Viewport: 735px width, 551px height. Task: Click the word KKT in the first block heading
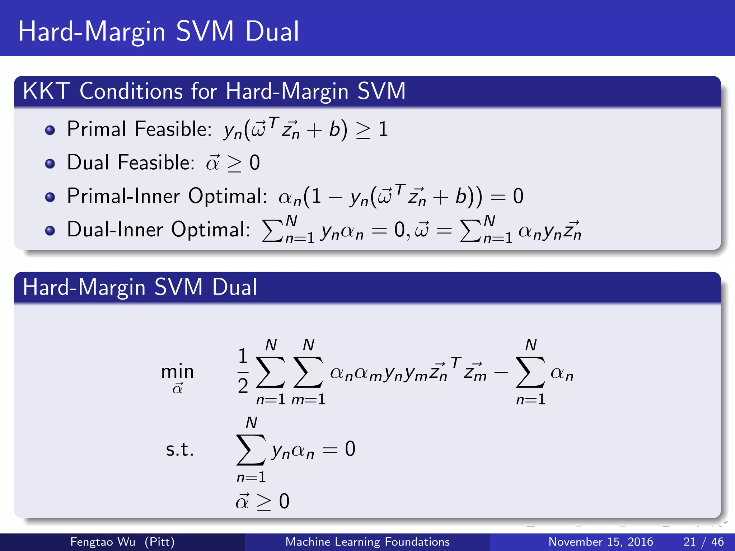[x=46, y=91]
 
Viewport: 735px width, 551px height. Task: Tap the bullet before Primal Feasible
[x=50, y=130]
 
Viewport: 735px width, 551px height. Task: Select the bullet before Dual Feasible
[x=50, y=164]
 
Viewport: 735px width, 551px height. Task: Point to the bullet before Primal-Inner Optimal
[x=50, y=197]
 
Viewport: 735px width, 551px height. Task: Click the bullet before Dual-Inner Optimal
[x=50, y=230]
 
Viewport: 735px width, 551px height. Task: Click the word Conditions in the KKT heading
[x=131, y=91]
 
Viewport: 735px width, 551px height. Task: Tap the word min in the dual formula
[x=177, y=371]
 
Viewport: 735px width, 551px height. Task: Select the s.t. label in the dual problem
[x=179, y=449]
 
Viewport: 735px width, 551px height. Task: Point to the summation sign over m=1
[x=308, y=372]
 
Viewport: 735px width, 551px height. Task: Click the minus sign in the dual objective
[x=501, y=373]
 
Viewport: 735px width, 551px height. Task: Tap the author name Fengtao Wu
[x=103, y=542]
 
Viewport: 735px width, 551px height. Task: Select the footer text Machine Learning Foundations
[x=367, y=542]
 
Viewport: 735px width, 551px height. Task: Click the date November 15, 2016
[x=601, y=542]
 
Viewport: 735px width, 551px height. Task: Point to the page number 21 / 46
[x=703, y=542]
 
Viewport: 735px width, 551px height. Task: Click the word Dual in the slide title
[x=272, y=32]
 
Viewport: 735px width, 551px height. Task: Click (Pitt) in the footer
[x=159, y=542]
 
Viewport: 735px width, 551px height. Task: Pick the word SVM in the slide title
[x=205, y=32]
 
